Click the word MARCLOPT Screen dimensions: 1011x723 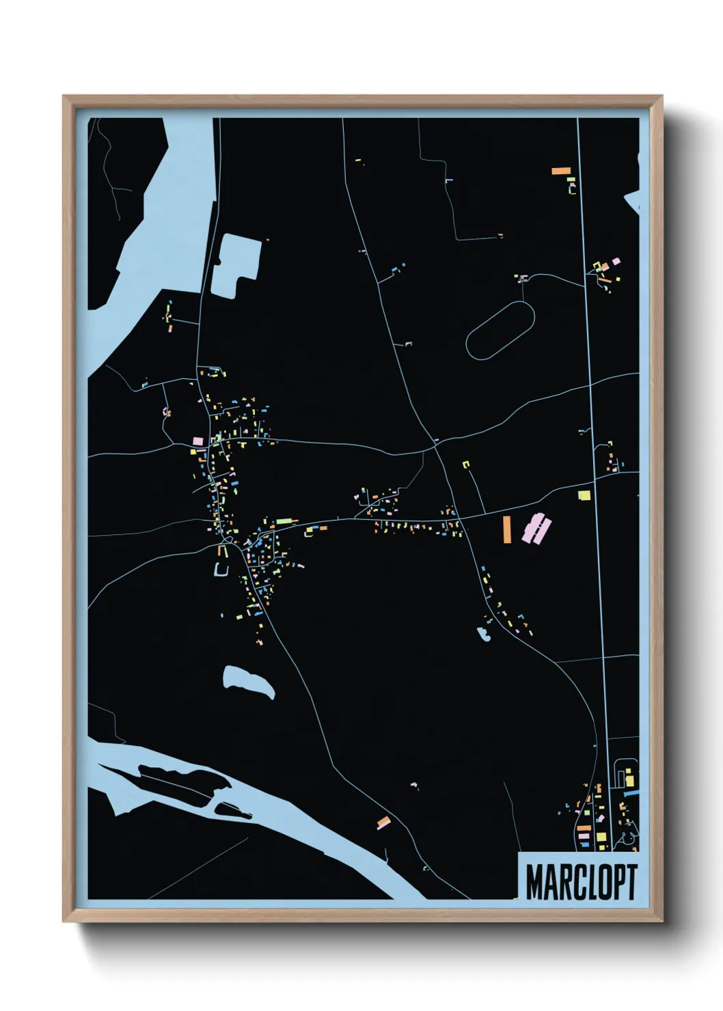click(x=581, y=882)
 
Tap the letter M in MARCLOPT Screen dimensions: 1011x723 click(x=534, y=882)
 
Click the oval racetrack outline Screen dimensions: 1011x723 click(x=500, y=330)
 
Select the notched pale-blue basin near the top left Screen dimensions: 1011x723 click(x=236, y=265)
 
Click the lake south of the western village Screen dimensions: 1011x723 click(x=248, y=682)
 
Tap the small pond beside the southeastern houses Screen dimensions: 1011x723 click(x=485, y=634)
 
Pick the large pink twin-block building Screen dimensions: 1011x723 click(x=536, y=529)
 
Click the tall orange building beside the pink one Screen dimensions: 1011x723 click(x=506, y=529)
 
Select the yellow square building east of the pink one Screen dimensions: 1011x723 click(x=583, y=495)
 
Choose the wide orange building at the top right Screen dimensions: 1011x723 click(x=561, y=171)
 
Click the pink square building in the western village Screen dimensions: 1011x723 click(x=197, y=441)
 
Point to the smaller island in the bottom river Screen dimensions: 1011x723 click(x=232, y=811)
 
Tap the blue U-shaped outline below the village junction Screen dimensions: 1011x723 click(x=222, y=569)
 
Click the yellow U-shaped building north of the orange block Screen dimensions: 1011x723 click(x=467, y=465)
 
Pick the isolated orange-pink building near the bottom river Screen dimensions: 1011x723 click(x=383, y=822)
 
